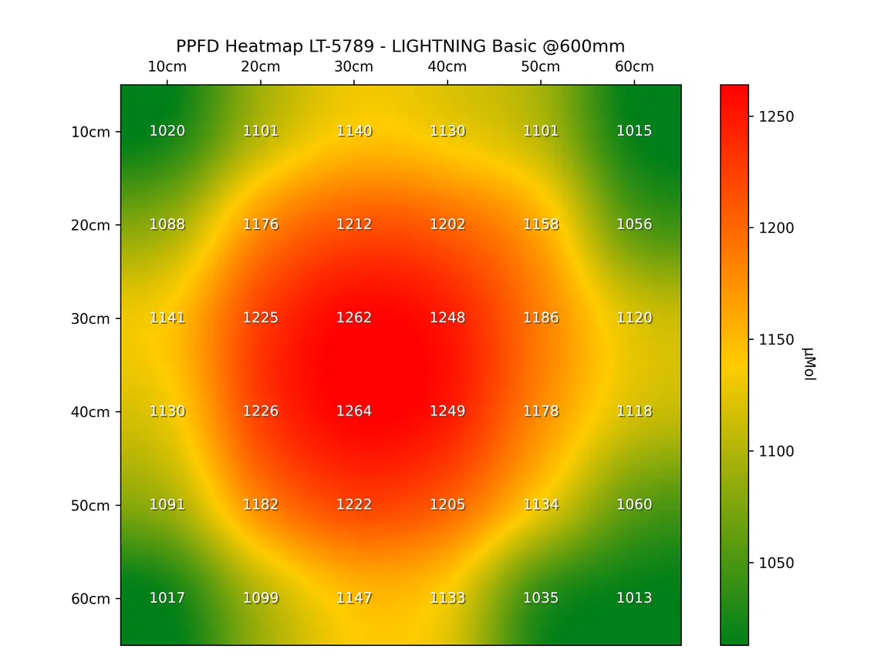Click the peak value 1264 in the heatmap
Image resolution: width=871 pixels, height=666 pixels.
[354, 412]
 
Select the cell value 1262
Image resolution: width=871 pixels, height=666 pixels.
[354, 318]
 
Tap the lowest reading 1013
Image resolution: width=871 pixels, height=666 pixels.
[634, 598]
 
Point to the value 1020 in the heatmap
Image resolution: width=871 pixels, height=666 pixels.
[167, 131]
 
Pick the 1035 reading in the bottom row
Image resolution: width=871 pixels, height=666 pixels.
[541, 598]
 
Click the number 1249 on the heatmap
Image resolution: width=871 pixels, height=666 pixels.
[447, 412]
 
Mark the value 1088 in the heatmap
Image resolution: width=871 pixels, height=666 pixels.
[167, 224]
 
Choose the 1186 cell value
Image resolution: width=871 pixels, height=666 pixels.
[541, 318]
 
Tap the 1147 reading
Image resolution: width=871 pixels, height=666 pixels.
[354, 598]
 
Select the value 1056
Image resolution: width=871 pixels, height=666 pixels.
[634, 224]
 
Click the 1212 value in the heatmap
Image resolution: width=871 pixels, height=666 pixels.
[354, 224]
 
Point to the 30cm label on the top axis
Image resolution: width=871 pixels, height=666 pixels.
[354, 67]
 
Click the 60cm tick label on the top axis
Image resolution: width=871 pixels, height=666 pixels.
[634, 67]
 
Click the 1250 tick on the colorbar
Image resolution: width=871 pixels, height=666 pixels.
[778, 117]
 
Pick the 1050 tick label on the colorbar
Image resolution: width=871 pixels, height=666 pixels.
[778, 563]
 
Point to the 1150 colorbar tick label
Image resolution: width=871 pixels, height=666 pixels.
[778, 340]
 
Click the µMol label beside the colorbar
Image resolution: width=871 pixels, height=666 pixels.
[809, 365]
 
